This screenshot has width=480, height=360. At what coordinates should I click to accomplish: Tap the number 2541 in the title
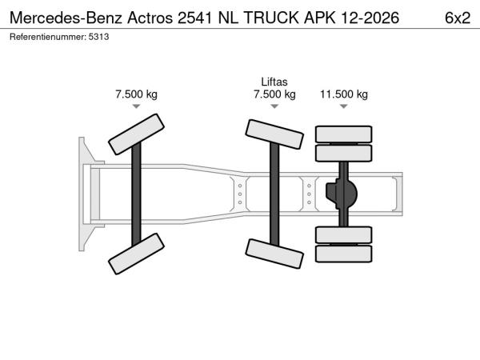pos(194,18)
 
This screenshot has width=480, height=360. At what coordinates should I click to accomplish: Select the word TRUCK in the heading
pos(271,18)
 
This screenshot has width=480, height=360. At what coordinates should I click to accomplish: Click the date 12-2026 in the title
pos(370,18)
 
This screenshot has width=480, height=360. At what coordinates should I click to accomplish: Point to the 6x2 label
pos(458,18)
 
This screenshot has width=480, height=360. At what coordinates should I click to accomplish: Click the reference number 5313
pos(98,37)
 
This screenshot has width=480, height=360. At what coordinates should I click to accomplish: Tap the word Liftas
pos(274,82)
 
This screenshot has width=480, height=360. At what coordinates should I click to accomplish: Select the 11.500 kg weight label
pos(344,94)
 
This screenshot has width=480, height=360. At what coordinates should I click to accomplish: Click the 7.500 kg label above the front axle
pos(136,94)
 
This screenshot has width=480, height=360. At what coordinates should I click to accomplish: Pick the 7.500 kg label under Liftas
pos(274,94)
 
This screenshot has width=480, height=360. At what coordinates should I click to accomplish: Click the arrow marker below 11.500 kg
pos(344,106)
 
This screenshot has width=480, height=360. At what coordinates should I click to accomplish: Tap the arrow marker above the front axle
pos(136,106)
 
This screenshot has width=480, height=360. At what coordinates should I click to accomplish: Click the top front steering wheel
pos(136,134)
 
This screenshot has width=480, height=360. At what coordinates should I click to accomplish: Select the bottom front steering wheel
pos(136,254)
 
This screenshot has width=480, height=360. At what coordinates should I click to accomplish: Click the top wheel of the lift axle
pos(274,134)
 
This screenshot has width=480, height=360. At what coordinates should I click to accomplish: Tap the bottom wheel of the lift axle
pos(274,254)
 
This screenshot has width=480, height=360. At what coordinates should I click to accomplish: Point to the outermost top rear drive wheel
pos(344,134)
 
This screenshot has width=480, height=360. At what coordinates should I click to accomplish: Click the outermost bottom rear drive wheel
pos(344,254)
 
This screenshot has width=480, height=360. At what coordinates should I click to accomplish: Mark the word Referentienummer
pos(48,37)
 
